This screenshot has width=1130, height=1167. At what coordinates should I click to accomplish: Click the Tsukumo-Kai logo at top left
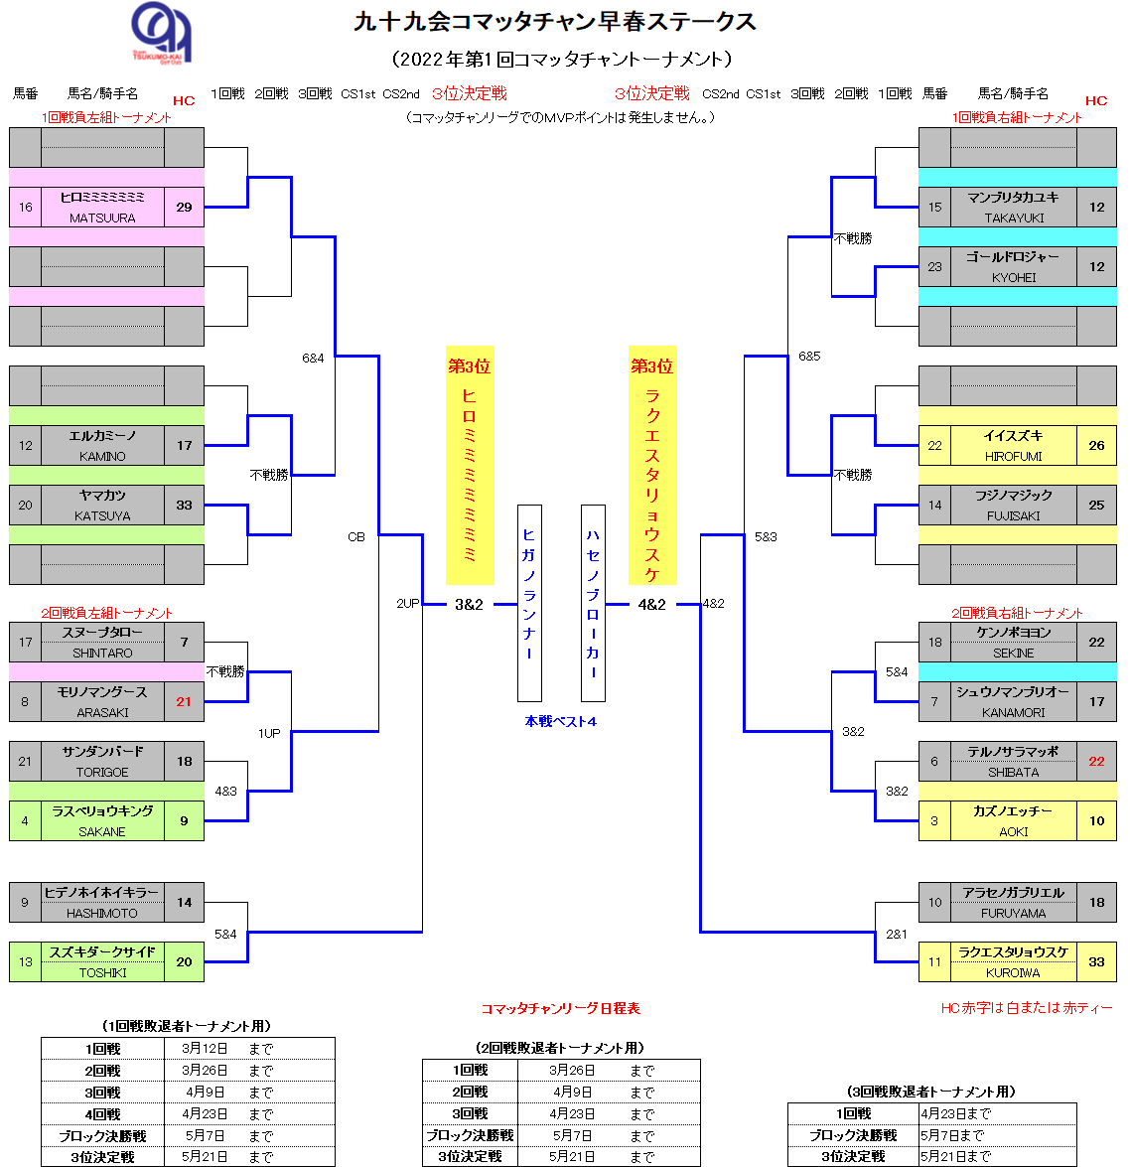pyautogui.click(x=162, y=32)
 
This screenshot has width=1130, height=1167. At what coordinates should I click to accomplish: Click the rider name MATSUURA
pyautogui.click(x=102, y=218)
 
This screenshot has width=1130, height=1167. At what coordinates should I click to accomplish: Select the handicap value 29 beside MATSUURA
pyautogui.click(x=184, y=207)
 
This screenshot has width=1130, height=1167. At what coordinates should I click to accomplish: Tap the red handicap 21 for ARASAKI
pyautogui.click(x=184, y=701)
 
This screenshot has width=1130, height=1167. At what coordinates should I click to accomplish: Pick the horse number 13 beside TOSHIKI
pyautogui.click(x=25, y=961)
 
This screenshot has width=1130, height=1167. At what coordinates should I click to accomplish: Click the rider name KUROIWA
pyautogui.click(x=1013, y=972)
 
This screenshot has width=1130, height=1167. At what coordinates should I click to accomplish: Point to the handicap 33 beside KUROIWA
pyautogui.click(x=1096, y=961)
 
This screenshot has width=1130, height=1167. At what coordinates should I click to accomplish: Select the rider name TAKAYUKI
pyautogui.click(x=1014, y=218)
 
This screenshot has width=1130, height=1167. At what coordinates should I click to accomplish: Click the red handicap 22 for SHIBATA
pyautogui.click(x=1096, y=761)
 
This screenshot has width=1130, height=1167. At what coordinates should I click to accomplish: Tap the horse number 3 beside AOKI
pyautogui.click(x=934, y=820)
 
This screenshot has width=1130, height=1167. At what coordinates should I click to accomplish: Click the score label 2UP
pyautogui.click(x=407, y=603)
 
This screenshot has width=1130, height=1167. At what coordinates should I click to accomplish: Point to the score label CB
pyautogui.click(x=356, y=536)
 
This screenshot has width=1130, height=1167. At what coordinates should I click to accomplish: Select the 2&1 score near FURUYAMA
pyautogui.click(x=897, y=934)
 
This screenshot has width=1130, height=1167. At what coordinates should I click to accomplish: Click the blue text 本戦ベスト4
pyautogui.click(x=560, y=721)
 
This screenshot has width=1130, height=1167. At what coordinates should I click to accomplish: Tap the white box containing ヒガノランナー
pyautogui.click(x=529, y=603)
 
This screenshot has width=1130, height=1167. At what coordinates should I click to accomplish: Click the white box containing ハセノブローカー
pyautogui.click(x=593, y=603)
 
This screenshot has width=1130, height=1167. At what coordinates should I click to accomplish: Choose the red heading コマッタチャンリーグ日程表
pyautogui.click(x=560, y=1008)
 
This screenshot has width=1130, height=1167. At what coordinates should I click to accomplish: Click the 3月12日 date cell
pyautogui.click(x=205, y=1048)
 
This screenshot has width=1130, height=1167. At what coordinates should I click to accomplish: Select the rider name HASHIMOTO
pyautogui.click(x=102, y=913)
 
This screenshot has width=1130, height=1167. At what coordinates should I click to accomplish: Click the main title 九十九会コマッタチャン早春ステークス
pyautogui.click(x=554, y=22)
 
